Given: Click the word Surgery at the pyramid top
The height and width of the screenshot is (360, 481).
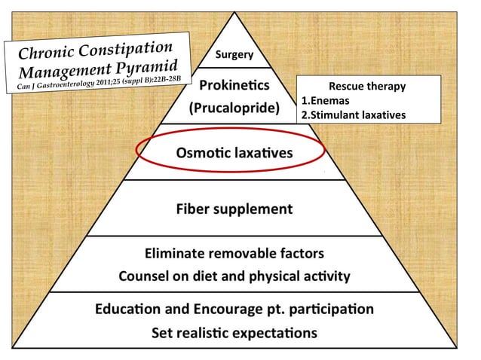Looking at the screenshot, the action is point(234,54).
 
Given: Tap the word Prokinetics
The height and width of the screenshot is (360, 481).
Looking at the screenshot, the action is point(234,85).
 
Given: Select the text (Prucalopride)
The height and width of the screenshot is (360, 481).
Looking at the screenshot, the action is point(234,108).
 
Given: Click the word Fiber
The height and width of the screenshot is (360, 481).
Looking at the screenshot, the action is point(193,209).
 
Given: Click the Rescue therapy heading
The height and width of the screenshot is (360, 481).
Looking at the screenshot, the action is point(367,87).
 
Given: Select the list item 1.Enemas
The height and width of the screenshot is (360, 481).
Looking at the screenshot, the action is point(326,100).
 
